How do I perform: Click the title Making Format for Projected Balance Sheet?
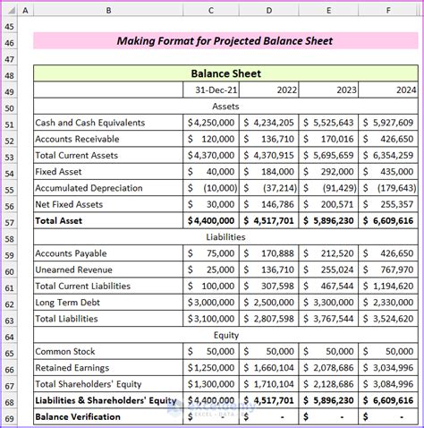tap(225, 41)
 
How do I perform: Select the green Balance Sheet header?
tap(225, 74)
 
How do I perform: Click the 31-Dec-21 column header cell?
tap(212, 90)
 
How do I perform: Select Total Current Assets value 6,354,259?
tap(390, 155)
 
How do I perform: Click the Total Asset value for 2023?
tap(330, 220)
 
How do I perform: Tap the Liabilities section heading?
tap(225, 237)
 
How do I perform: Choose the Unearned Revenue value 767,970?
tap(390, 270)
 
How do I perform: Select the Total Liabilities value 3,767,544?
tap(330, 319)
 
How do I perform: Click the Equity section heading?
tap(225, 336)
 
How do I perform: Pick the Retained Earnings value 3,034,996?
tap(390, 368)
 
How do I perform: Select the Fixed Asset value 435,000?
tap(390, 171)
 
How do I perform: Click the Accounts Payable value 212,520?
tap(330, 253)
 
